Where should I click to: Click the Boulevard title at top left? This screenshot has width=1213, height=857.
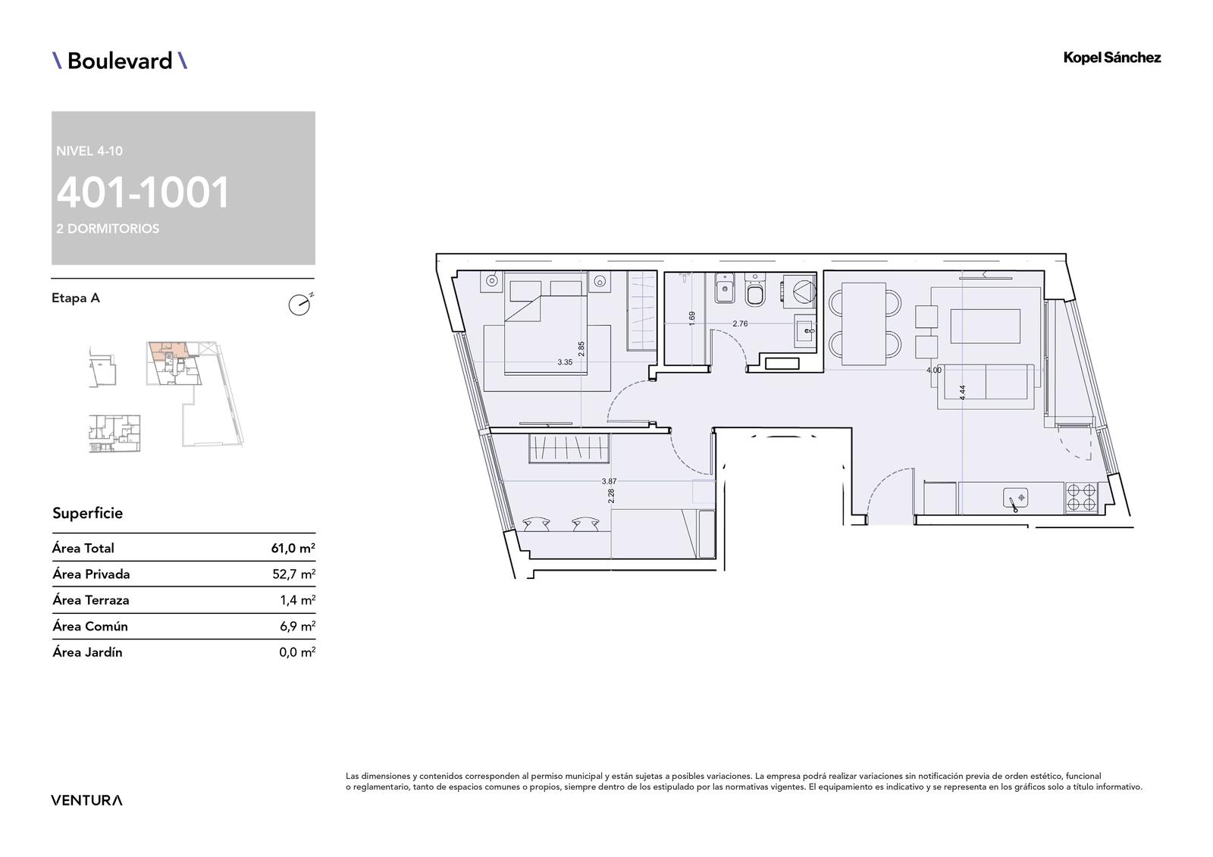(120, 61)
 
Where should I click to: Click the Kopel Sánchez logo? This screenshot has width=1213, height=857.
(1112, 58)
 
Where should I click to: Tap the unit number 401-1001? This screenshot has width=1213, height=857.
(143, 193)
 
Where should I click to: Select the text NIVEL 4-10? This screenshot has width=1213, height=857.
(89, 151)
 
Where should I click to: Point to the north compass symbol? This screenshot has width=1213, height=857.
(299, 305)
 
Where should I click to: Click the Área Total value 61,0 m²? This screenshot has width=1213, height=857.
(293, 549)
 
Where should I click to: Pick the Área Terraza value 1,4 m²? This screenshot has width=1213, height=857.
(297, 600)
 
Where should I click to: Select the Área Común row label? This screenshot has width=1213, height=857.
(90, 627)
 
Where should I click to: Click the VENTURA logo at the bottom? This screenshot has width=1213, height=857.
(86, 800)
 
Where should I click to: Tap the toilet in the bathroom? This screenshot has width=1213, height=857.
(755, 290)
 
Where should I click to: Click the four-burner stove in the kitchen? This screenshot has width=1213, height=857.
(1081, 498)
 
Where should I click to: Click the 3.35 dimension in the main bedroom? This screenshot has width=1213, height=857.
(565, 362)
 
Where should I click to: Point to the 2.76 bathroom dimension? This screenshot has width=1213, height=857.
(740, 324)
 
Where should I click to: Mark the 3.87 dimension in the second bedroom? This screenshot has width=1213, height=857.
(610, 481)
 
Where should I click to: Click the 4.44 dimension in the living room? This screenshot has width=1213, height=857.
(962, 393)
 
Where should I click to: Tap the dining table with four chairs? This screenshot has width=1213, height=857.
(864, 324)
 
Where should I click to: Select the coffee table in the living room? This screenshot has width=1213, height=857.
(986, 327)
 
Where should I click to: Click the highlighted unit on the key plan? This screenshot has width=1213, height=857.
(168, 351)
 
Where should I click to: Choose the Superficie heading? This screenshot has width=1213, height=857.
(88, 513)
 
